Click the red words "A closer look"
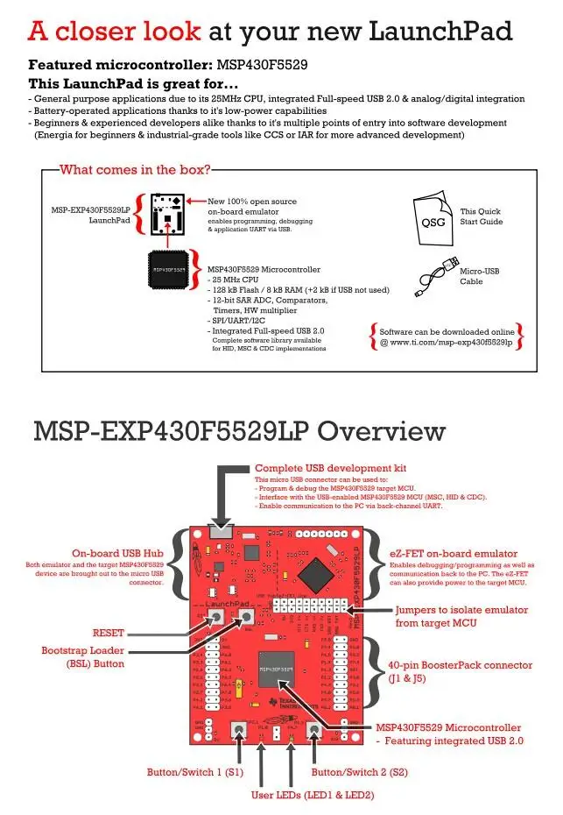click(115, 32)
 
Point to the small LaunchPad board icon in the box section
click(167, 209)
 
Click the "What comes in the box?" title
click(135, 169)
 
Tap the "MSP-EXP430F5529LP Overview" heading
click(239, 432)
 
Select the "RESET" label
click(109, 632)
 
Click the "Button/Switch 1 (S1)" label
click(194, 772)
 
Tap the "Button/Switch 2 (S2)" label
click(359, 772)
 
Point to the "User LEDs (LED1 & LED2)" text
click(313, 795)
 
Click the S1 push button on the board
click(236, 730)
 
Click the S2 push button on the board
click(313, 730)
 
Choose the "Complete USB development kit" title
click(330, 468)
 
